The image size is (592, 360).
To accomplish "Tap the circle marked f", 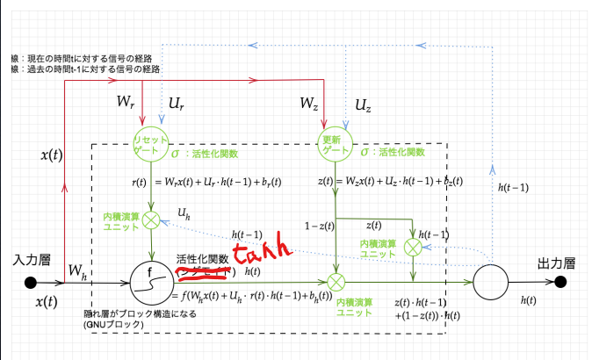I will tap(152, 282).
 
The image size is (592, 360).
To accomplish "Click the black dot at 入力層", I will tap(32, 283).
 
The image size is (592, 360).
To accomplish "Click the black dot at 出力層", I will tap(562, 282).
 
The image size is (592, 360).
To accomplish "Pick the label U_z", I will tap(363, 105).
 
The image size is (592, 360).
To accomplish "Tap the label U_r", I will tap(176, 104).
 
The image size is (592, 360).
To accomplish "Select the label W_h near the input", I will tap(77, 271).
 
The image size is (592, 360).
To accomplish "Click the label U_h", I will tap(184, 212).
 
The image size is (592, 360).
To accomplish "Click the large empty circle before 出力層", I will tap(491, 282).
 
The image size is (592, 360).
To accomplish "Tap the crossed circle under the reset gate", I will tap(151, 219).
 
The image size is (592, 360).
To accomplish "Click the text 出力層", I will tap(556, 263).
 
